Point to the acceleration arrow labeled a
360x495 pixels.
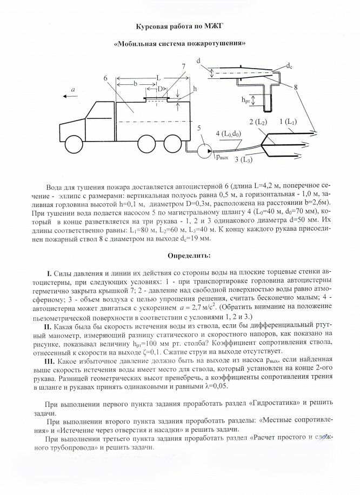coord(70,95)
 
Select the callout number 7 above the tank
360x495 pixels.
coord(184,66)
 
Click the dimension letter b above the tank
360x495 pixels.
coord(134,84)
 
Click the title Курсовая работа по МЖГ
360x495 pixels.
coord(179,25)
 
